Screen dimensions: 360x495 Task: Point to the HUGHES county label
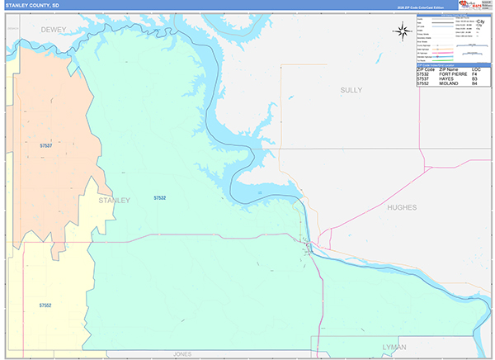pos(407,208)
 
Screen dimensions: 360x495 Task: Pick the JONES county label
pos(182,353)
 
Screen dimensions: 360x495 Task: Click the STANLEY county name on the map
pos(114,200)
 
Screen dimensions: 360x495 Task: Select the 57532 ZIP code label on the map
pos(160,198)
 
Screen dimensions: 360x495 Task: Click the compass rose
pos(403,32)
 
